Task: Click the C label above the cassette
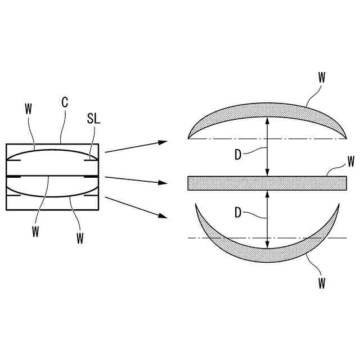pos(65,103)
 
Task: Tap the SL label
pos(93,119)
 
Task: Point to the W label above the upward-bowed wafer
pos(321,78)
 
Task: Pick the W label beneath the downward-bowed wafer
pos(321,283)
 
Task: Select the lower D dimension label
pos(238,213)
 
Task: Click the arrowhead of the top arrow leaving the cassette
pos(164,141)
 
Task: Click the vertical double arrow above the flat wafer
pos(268,146)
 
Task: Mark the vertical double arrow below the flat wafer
pos(268,219)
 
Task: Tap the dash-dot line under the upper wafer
pos(225,138)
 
